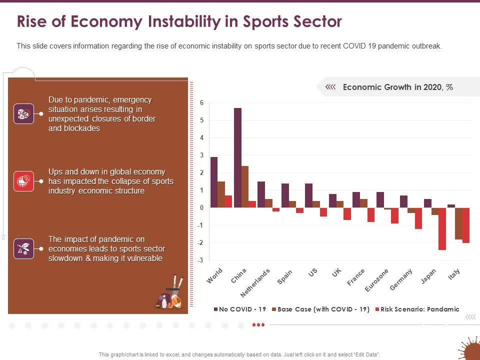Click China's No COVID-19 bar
(237, 157)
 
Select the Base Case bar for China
(245, 186)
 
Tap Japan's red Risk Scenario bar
(442, 228)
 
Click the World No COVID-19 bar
(214, 182)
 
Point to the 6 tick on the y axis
(202, 103)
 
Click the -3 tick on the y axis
(201, 260)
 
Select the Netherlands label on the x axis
(255, 283)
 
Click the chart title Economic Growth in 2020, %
(398, 87)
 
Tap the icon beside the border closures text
(24, 113)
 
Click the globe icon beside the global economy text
(24, 181)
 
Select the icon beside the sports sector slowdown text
(24, 248)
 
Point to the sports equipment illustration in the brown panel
(169, 295)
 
